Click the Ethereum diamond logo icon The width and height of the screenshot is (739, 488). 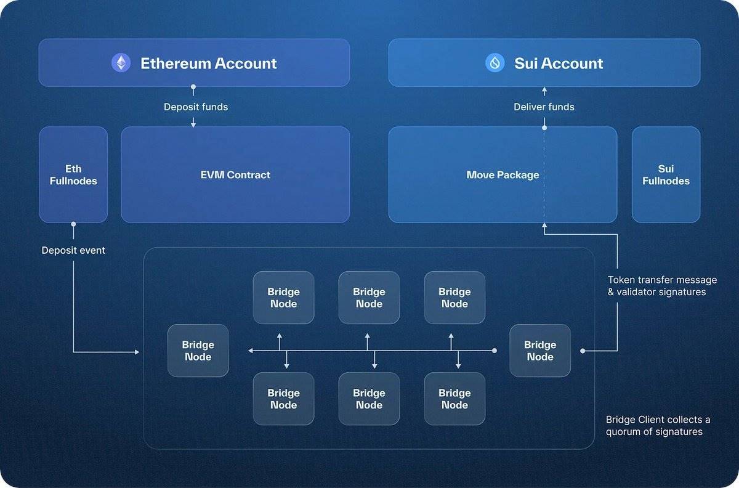(121, 63)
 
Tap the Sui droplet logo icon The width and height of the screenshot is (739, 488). (495, 63)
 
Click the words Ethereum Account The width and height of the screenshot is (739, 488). (208, 63)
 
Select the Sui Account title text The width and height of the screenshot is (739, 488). (559, 63)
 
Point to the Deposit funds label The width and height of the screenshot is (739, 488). (196, 107)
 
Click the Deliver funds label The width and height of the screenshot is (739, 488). (544, 107)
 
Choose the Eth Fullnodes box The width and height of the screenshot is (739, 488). (73, 174)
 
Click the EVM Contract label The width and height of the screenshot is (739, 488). (235, 174)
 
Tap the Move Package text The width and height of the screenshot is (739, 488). (503, 174)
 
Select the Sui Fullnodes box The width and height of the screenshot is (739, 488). (666, 174)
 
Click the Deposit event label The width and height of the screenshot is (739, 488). (73, 250)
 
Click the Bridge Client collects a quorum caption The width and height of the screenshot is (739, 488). (658, 425)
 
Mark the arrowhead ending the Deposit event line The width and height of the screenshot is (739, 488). (137, 352)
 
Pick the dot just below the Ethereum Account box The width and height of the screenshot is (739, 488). (193, 87)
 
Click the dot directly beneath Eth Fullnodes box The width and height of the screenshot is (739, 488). (73, 224)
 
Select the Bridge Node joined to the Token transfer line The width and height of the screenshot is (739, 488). (540, 351)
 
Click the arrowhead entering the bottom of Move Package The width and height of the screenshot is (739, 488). (544, 226)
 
